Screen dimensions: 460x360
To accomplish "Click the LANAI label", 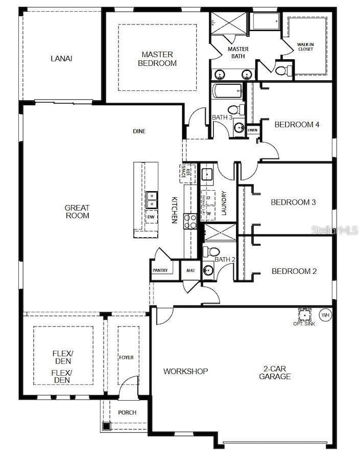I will coord(61,58).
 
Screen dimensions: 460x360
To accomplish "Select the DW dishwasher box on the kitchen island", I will coord(151,217).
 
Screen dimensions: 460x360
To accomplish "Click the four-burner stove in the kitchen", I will coord(191,221).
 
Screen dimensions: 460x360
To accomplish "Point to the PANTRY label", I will coord(160,270).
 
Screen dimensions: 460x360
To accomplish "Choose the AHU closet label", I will coord(191,270).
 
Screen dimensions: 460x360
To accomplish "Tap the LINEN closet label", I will coord(253,130).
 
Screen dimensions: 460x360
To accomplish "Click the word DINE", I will coord(139,131).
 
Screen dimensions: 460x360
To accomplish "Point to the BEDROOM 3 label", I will coord(293,202).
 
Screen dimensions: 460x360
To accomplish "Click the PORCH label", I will coord(127,413).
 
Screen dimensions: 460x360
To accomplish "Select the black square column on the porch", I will coord(106,426).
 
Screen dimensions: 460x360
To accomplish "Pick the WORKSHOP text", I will coord(185,371).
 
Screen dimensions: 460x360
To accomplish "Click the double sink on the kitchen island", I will coord(151,200).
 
